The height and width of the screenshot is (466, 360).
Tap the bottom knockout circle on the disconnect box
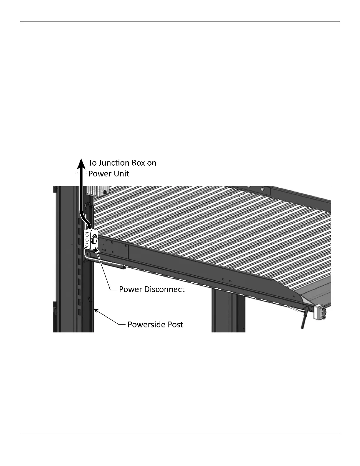87,245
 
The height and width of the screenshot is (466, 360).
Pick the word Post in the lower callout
176,324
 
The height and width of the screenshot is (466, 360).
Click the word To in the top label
93,163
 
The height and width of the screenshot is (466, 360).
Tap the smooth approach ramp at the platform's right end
316,294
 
